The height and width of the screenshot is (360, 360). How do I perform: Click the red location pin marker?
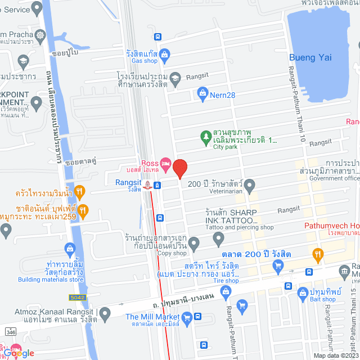click(179, 169)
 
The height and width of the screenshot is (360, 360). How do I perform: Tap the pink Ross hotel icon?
click(165, 165)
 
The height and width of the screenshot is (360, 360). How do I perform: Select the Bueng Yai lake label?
click(310, 57)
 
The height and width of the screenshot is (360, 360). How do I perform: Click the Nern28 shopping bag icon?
click(202, 94)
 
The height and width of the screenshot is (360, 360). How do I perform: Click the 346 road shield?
click(10, 332)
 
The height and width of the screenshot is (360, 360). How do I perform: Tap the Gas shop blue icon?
click(164, 55)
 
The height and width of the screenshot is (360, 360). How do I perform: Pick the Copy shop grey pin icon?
click(194, 244)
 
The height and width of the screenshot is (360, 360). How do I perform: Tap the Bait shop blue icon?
click(303, 292)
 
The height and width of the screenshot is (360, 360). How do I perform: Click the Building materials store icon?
click(70, 247)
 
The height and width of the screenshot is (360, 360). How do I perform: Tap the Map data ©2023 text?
click(336, 355)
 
